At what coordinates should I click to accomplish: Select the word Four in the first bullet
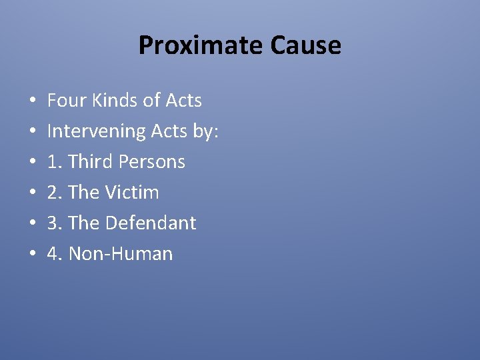pos(62,101)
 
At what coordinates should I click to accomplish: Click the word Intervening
pos(90,131)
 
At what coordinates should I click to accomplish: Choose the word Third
pos(92,162)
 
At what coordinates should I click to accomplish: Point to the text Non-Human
pos(121,254)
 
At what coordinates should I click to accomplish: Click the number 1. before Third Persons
pos(55,162)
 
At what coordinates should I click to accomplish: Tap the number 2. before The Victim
pos(55,193)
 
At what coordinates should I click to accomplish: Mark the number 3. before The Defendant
pos(55,223)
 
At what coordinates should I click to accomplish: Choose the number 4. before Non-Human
pos(55,254)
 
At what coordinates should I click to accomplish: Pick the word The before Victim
pos(83,193)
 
